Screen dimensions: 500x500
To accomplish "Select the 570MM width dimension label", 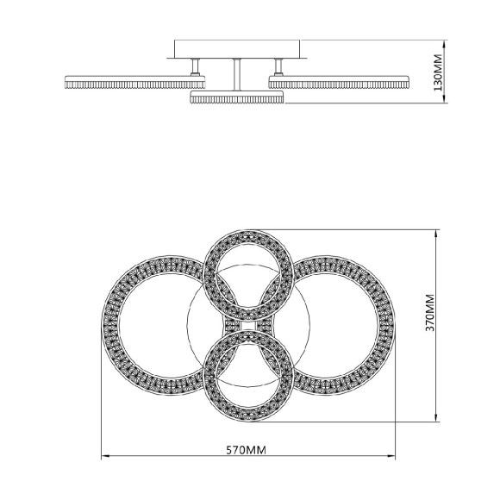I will pos(247,450).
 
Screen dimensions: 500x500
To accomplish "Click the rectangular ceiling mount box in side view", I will pos(237,49).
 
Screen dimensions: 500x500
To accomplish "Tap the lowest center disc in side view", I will pos(236,98).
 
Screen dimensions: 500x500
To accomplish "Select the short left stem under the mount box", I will pos(196,67).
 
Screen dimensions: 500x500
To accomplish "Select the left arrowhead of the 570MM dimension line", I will pos(105,458).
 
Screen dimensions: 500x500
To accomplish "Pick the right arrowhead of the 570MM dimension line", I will pos(395,458).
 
